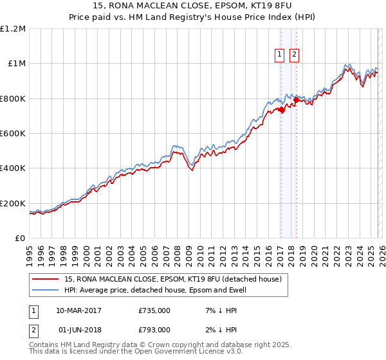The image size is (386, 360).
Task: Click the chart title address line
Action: tap(193, 6)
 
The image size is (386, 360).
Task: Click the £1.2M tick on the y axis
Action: tap(13, 29)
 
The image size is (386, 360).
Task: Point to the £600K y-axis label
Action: tap(13, 134)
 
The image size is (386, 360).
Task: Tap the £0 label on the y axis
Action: tap(19, 239)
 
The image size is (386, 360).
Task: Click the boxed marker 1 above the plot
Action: tap(280, 55)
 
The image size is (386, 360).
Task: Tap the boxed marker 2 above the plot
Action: tap(295, 55)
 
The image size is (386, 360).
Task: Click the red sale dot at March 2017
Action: tap(281, 110)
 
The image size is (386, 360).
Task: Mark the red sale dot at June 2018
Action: tap(295, 100)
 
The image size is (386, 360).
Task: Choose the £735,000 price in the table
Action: tap(154, 310)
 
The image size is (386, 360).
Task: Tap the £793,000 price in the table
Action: tap(154, 330)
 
